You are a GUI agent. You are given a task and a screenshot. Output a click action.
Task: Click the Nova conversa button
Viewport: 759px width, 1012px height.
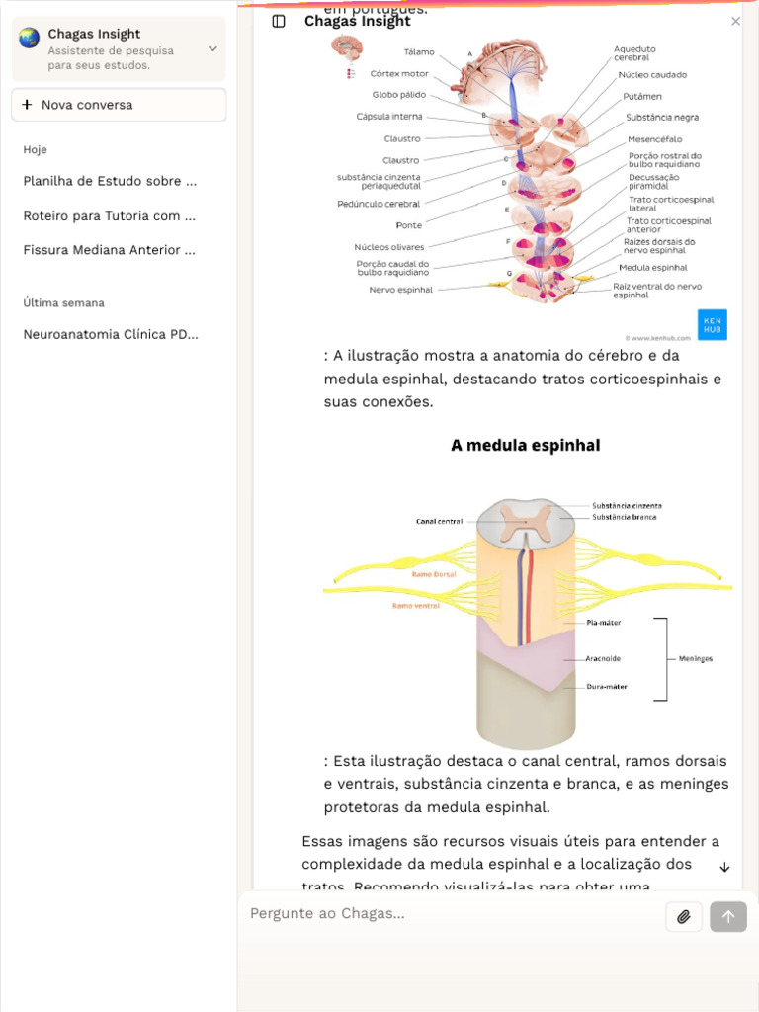[x=119, y=105]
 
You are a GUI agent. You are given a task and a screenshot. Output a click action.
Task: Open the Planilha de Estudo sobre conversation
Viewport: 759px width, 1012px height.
[x=110, y=181]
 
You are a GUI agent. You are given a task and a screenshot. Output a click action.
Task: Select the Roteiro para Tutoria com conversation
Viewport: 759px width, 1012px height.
[x=110, y=215]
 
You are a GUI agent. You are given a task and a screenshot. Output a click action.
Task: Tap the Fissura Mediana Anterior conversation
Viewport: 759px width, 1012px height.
[x=110, y=250]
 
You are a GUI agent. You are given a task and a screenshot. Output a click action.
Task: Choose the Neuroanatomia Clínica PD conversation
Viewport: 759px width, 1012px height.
[x=111, y=334]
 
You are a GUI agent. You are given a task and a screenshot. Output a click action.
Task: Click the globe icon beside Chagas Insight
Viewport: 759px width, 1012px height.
[x=30, y=39]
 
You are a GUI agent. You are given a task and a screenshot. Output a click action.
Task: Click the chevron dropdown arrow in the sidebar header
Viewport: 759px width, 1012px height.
[x=212, y=48]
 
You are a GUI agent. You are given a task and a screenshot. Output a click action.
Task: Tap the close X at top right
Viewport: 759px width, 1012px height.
[x=735, y=21]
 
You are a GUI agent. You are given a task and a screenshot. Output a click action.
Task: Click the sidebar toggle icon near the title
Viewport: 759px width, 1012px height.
[x=279, y=21]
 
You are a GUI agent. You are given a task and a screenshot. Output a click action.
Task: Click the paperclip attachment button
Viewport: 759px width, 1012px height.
[x=683, y=917]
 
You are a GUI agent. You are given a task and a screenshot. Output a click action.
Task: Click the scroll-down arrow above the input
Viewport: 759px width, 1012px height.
[x=724, y=867]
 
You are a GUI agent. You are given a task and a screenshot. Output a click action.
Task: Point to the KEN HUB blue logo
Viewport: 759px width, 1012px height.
[x=712, y=324]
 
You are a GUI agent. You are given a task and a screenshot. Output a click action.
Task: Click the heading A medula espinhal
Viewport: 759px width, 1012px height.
[x=525, y=446]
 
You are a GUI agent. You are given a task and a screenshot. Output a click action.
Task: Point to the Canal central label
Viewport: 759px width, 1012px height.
[x=439, y=521]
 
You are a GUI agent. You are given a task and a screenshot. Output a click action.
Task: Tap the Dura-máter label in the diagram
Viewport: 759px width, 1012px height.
[x=606, y=686]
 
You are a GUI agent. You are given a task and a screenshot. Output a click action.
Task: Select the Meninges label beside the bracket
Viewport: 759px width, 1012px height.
[x=695, y=658]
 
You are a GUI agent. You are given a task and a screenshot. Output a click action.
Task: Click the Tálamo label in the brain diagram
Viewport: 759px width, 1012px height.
[x=419, y=52]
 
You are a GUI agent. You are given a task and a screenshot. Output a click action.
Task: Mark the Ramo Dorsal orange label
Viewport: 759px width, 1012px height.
[x=433, y=574]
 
